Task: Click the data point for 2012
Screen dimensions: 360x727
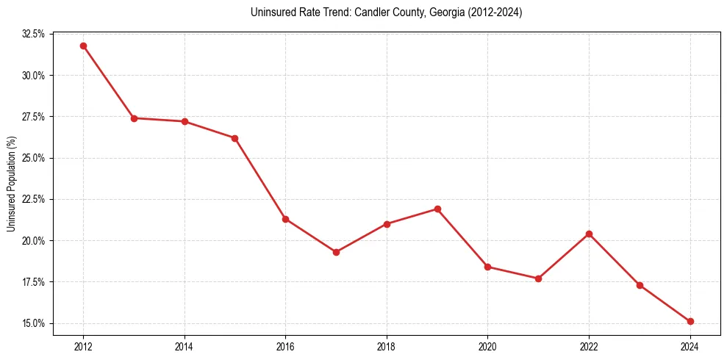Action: click(83, 46)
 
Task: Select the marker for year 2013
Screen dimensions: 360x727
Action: click(134, 118)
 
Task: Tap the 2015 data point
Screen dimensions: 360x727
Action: click(234, 138)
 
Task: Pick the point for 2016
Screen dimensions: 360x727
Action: click(285, 219)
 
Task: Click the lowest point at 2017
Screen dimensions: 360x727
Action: click(336, 252)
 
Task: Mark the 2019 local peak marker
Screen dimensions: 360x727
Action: click(437, 209)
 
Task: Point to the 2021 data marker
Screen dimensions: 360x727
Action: click(538, 278)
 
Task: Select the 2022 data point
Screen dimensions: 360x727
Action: click(589, 234)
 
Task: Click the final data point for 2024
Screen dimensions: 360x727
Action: click(690, 321)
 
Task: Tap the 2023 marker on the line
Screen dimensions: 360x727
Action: click(640, 285)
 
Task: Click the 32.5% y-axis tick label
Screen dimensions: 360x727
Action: click(34, 34)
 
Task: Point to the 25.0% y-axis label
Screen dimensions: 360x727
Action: click(34, 158)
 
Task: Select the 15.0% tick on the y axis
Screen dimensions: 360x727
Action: click(34, 323)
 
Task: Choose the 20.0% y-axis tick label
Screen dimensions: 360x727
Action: click(34, 241)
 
